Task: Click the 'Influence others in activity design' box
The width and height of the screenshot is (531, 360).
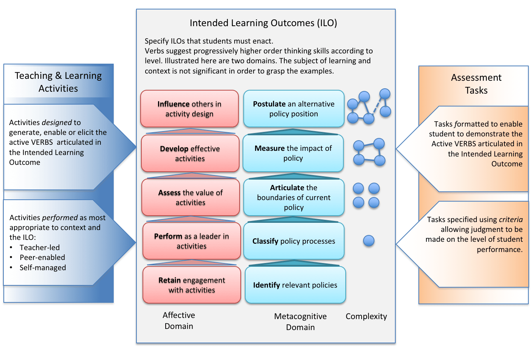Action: [189, 109]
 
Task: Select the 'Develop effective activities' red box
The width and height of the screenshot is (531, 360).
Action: [190, 153]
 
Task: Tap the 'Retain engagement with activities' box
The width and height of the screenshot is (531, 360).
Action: [191, 285]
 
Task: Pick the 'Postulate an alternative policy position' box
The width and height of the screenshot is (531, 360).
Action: [293, 109]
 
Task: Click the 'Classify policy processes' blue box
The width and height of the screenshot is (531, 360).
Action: [293, 241]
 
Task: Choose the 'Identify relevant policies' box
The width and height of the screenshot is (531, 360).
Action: [295, 285]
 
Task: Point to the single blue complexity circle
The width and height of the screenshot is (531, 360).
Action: [368, 241]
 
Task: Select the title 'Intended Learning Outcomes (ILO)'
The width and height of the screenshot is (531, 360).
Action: [263, 23]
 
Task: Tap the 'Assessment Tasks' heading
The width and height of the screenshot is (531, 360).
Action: [476, 84]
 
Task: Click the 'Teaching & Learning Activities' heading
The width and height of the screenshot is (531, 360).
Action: [58, 82]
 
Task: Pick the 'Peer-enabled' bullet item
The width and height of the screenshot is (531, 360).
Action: [42, 257]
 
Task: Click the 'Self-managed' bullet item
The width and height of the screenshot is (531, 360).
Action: [42, 268]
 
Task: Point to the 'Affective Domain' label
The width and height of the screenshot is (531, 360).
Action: [179, 321]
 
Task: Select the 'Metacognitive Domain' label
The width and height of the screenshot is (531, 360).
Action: [300, 322]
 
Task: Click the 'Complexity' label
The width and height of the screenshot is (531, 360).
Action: [366, 316]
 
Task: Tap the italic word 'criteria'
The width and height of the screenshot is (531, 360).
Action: [511, 219]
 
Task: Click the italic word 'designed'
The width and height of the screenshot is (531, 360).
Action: [56, 122]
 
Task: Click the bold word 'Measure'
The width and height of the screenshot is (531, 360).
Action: [269, 148]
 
